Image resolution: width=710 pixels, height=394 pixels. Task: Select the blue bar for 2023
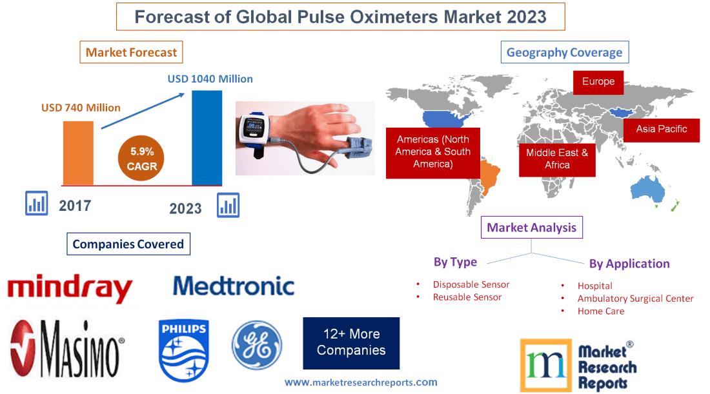(x=207, y=137)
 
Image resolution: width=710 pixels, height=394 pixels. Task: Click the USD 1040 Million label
(x=210, y=79)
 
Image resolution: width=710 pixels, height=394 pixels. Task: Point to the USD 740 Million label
(x=81, y=108)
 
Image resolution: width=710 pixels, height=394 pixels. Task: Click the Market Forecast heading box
(x=131, y=52)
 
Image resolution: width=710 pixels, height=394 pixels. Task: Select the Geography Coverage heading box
(x=564, y=53)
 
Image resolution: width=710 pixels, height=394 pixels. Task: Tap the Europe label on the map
(x=598, y=81)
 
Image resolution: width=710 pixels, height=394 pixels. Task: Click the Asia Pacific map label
(x=661, y=129)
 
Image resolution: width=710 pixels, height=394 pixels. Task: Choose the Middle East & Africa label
(x=557, y=159)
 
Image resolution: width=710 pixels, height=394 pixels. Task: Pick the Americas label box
(x=432, y=152)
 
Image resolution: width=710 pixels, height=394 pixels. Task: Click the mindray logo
(x=70, y=289)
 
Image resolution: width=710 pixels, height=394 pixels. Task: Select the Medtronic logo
(x=234, y=286)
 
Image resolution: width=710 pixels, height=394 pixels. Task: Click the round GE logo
(x=257, y=346)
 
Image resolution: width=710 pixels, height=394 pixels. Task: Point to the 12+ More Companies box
(x=351, y=342)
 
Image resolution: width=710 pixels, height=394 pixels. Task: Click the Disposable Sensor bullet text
(x=471, y=284)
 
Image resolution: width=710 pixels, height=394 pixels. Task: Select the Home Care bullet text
(x=600, y=311)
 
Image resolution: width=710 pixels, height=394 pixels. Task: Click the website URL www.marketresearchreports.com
(x=361, y=382)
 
